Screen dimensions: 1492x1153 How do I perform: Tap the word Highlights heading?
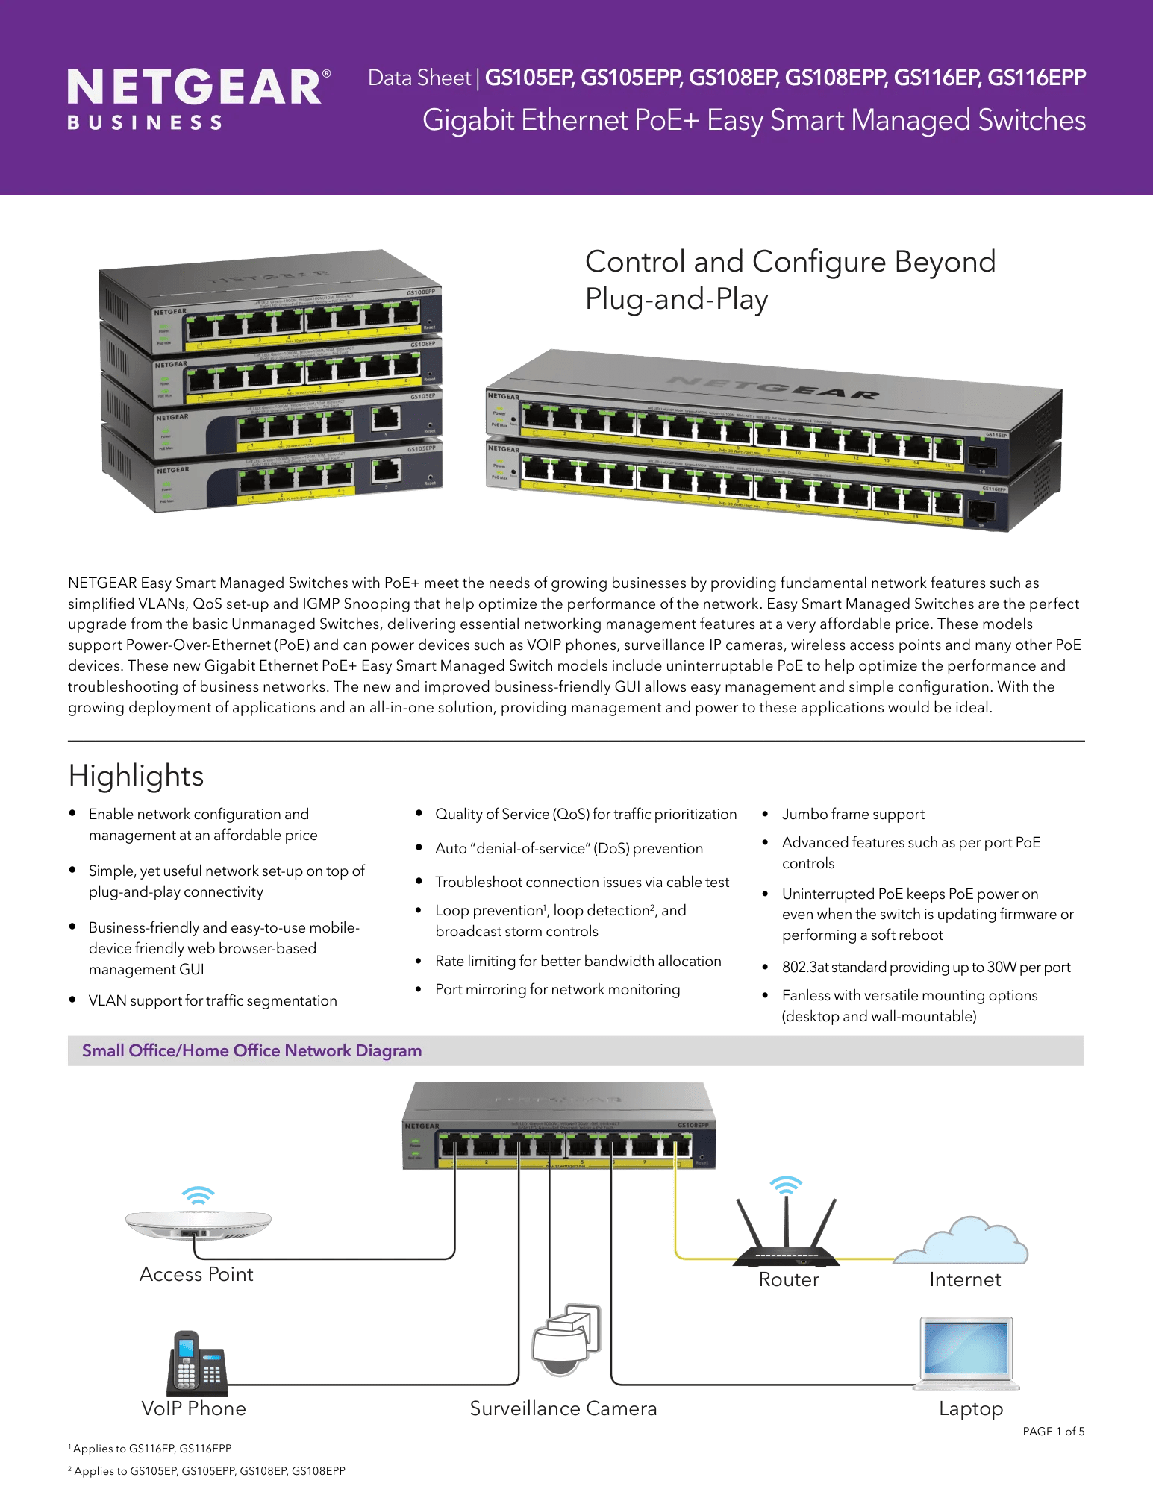pos(136,776)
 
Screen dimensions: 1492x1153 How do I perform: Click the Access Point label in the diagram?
pos(196,1274)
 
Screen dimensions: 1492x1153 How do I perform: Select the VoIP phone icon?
pos(196,1363)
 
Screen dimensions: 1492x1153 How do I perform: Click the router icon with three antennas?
pos(786,1238)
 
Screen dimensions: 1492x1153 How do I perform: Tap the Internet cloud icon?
pos(963,1241)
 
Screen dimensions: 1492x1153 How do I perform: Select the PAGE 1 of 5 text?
pos(1053,1432)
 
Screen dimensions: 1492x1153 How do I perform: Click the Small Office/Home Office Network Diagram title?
pos(251,1050)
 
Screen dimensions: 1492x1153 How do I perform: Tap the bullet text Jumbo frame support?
pos(853,814)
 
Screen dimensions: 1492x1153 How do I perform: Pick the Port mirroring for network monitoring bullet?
pos(557,989)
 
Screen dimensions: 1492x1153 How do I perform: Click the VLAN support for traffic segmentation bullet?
pos(213,1000)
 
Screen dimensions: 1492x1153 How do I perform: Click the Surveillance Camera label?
pos(563,1408)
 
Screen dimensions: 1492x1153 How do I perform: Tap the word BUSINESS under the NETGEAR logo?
pos(145,123)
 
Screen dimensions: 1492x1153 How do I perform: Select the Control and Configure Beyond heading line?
pos(790,262)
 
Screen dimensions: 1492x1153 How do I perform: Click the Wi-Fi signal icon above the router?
pos(786,1185)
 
